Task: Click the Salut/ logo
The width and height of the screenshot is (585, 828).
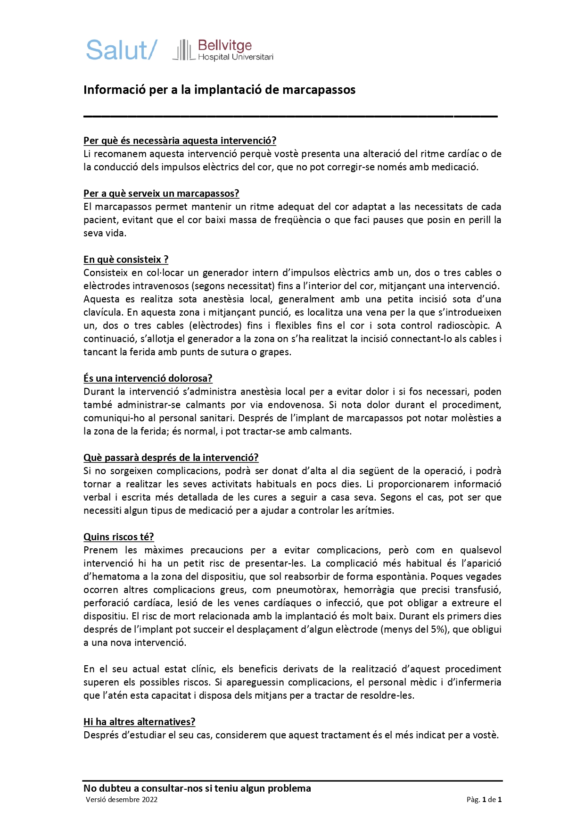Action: pos(121,50)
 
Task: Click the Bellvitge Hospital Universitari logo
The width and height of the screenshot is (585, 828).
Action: pos(223,50)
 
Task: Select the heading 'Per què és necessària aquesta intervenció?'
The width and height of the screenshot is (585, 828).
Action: pos(180,141)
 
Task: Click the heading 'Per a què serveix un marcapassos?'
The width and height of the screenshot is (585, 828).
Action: pos(161,193)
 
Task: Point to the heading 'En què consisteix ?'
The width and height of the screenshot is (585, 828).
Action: pos(126,259)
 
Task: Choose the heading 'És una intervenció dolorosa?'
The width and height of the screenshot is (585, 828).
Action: pos(148,378)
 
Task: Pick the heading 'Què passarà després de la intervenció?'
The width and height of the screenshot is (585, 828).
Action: pos(171,458)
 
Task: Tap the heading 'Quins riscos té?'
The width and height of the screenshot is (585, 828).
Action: pos(119,537)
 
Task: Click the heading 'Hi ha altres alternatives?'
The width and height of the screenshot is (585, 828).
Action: pos(140,722)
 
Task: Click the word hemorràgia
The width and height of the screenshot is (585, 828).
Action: pos(380,590)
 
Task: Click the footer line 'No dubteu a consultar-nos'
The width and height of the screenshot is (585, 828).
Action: pos(197,788)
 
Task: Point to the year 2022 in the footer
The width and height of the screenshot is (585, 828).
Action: pos(149,800)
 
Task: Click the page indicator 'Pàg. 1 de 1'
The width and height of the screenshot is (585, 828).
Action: pos(484,800)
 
